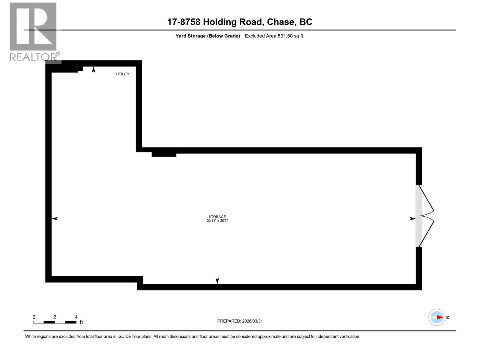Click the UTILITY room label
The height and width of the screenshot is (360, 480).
123,74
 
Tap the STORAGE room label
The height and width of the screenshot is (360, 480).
217,217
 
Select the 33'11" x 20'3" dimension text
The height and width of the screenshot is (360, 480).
217,221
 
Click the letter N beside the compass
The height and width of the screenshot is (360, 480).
448,317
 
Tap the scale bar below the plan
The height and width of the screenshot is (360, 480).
55,322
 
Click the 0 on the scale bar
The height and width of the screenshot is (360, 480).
34,317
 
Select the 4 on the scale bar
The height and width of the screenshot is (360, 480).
76,317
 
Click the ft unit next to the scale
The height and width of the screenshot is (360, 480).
81,322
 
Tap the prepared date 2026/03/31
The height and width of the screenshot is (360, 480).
252,321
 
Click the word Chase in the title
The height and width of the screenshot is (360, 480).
280,22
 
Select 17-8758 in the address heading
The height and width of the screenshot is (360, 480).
183,22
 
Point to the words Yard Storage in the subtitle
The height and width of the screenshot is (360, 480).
190,36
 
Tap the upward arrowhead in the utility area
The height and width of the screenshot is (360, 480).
94,70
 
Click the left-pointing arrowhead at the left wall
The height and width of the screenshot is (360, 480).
55,219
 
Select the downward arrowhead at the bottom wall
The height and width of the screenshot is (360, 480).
217,281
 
